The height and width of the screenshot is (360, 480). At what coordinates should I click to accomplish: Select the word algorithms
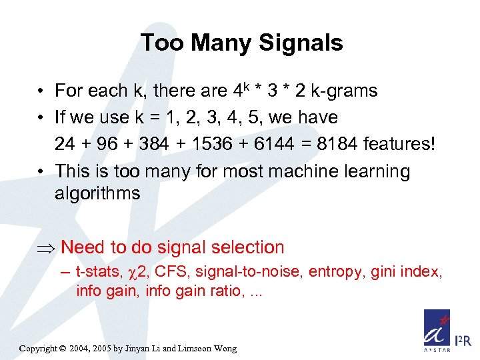coord(98,194)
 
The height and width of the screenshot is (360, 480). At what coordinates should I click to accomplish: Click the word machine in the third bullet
coord(303,171)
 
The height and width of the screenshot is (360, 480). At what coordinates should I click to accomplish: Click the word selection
coord(247,247)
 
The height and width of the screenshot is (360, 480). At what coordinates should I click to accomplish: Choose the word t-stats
coord(97,272)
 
